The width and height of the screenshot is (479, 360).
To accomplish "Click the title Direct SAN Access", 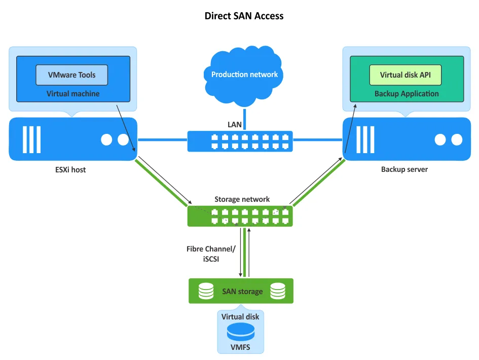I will click(x=244, y=16).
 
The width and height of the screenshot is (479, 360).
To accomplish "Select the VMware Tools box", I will click(x=71, y=75).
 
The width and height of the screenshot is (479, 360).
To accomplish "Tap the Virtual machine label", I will click(x=73, y=94).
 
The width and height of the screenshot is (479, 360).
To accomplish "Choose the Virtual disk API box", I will click(x=405, y=75).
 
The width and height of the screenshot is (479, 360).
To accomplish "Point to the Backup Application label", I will click(x=407, y=94).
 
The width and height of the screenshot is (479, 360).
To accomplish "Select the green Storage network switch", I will click(x=240, y=215).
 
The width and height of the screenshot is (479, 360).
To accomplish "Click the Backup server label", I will click(x=404, y=169).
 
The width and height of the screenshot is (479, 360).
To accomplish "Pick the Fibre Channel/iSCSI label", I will click(x=211, y=254).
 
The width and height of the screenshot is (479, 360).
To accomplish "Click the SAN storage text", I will click(x=242, y=292).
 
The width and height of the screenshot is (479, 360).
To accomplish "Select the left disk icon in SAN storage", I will click(x=206, y=291).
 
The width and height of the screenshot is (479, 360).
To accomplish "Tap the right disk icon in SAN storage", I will click(x=278, y=291).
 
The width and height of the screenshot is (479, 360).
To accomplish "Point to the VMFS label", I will click(x=240, y=348).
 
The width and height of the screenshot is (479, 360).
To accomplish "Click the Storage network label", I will click(x=242, y=199).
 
